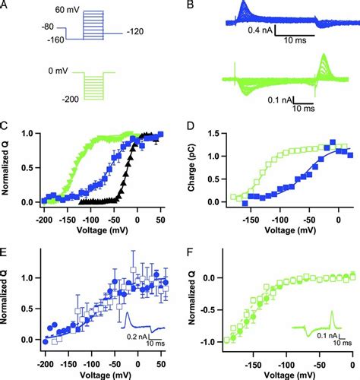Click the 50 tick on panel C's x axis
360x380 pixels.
[x=160, y=218]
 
